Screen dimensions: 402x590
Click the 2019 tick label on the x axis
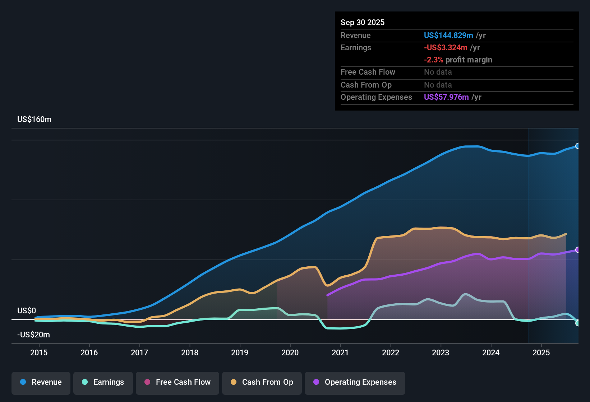coord(240,352)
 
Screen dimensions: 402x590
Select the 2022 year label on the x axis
coord(391,352)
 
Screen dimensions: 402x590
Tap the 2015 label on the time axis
coord(39,352)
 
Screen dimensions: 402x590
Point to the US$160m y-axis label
coord(34,119)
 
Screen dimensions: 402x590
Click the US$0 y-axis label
coord(27,310)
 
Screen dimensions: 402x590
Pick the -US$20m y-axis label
coord(33,335)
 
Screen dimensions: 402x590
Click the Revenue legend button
coord(41,382)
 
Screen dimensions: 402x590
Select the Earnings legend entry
coord(103,382)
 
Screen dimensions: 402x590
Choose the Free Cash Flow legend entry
coord(178,382)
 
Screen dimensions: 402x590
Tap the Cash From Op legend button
coord(262,382)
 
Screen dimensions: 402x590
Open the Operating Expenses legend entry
coord(355,382)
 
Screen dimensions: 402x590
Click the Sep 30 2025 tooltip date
coord(363,22)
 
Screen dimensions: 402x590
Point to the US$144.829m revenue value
coord(448,35)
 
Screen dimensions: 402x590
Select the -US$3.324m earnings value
coord(446,47)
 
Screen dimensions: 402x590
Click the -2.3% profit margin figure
coord(433,60)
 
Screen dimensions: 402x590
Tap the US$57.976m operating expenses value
coord(446,97)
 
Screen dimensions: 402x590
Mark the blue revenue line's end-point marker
coord(577,146)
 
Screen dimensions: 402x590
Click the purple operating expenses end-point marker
coord(577,250)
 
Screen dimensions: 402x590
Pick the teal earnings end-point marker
coord(577,323)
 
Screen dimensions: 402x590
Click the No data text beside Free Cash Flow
coord(438,72)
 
